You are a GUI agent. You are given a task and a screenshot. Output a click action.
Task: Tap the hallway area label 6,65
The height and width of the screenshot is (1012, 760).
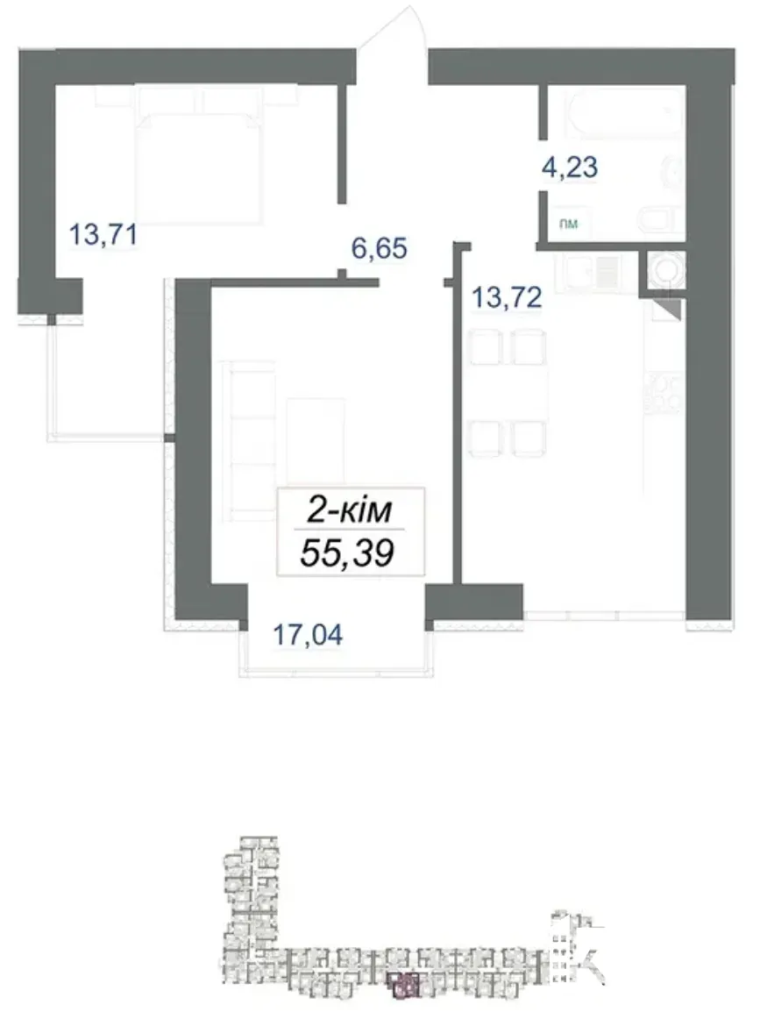point(380,248)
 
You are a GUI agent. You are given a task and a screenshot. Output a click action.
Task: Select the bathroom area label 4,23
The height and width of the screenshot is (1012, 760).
point(570,167)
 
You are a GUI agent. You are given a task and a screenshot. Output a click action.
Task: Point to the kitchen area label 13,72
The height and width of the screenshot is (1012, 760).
point(507,297)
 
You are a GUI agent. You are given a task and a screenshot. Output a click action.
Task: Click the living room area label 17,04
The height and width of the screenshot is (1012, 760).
point(309,634)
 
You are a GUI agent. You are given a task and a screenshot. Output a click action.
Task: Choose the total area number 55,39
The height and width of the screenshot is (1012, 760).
point(347,553)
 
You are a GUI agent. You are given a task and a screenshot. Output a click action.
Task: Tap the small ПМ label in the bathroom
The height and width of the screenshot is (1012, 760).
point(568,224)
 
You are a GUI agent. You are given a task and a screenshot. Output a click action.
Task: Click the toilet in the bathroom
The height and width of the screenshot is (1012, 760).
point(660,218)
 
